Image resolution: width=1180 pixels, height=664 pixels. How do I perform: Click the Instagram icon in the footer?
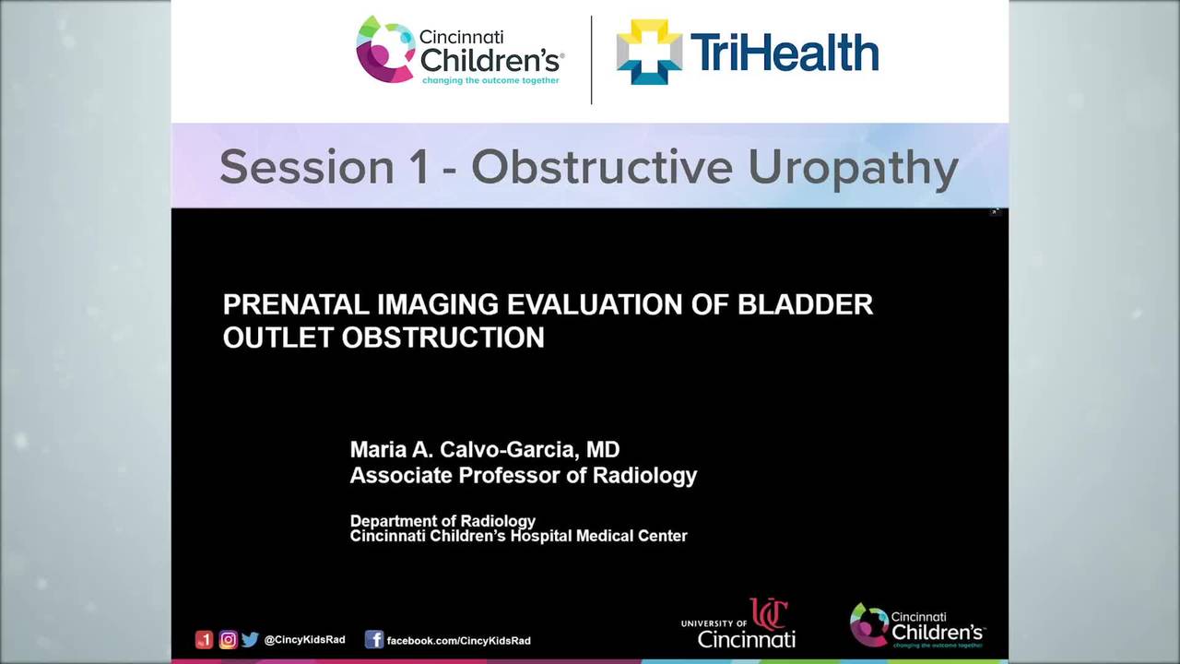[228, 639]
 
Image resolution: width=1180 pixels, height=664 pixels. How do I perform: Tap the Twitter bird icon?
[250, 639]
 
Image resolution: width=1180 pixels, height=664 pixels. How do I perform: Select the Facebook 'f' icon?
[374, 639]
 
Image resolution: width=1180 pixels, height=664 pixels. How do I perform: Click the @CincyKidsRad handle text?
[304, 639]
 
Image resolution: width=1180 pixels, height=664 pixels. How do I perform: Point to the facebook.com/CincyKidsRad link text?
[458, 640]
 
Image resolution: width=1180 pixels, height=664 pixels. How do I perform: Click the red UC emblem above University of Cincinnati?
[768, 614]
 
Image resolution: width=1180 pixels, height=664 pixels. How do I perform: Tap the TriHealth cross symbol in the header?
[649, 52]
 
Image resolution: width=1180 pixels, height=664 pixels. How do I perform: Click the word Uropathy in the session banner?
[853, 167]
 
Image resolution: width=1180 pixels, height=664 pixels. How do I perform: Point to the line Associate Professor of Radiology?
[523, 475]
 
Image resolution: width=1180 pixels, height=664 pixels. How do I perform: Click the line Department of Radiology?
[442, 521]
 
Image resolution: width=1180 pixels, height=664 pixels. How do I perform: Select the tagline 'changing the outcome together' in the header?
[490, 81]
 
